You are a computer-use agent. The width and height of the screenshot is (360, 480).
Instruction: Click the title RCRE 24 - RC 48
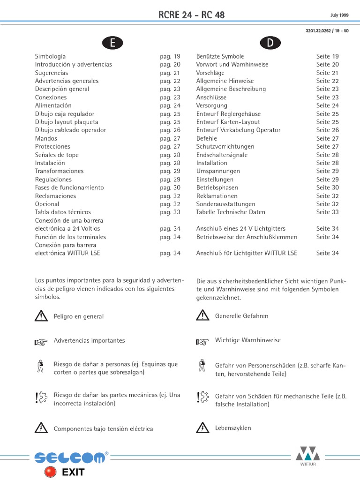pos(192,15)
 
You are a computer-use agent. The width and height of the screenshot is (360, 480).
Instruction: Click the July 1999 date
pos(339,15)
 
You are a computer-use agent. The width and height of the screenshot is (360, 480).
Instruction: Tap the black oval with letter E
pos(112,43)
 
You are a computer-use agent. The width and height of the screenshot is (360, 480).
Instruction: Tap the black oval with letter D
pos(270,43)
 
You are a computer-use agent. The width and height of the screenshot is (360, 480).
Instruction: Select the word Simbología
pos(50,56)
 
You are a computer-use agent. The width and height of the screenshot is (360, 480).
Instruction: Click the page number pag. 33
pos(170,212)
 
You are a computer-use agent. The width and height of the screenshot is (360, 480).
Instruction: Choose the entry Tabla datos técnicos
pos(63,212)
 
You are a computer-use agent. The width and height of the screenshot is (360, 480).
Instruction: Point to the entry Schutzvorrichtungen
pos(225,147)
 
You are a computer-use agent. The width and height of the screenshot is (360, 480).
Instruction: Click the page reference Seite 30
pos(327,187)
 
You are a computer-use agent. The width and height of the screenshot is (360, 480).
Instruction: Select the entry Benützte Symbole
pos(220,56)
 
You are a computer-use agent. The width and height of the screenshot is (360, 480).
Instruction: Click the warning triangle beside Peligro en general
pos(41,316)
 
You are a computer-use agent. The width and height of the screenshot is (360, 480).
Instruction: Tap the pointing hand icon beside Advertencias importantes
pos(41,342)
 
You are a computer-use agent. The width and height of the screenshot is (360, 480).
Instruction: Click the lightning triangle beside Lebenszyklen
pos(202,427)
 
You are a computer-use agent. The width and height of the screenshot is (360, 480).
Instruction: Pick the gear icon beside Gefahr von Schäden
pos(202,397)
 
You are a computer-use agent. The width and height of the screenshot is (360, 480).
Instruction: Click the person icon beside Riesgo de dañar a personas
pos(41,367)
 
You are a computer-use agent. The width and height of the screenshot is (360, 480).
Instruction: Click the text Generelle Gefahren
pos(241,316)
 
